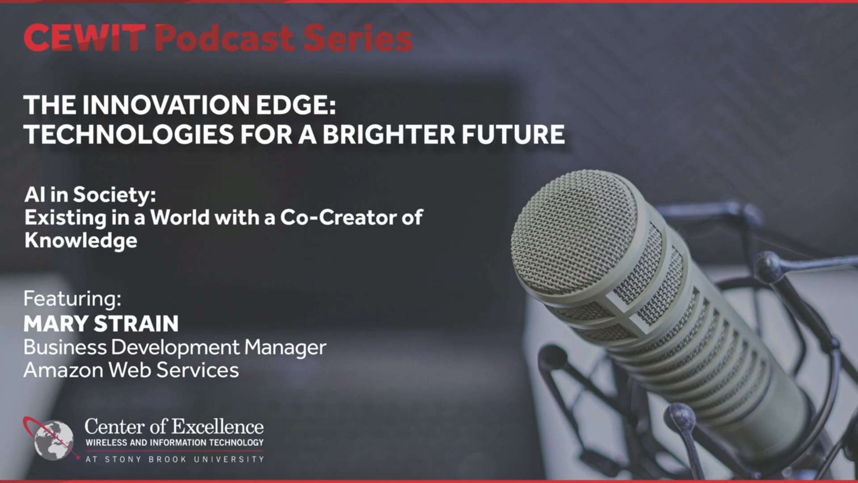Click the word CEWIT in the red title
pos(84,38)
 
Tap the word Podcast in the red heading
pos(224,38)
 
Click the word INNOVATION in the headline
pos(166,105)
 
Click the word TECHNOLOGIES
pos(129,134)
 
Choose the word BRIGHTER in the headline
pos(389,134)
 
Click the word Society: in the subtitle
pos(114,195)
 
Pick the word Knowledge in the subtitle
pos(81,241)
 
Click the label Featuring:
pos(72,299)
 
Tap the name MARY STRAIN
pos(101,324)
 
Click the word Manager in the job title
pos(285,347)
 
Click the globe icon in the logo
pos(54,440)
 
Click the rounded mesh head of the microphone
pos(576,233)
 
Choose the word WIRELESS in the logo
pos(106,443)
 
